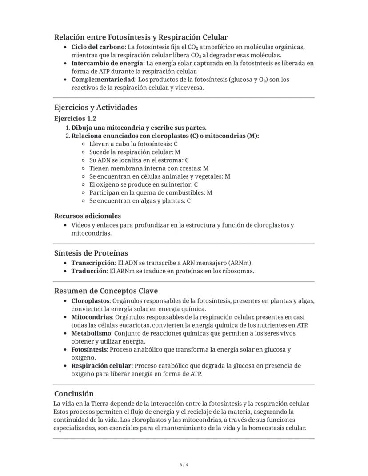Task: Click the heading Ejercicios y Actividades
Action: coord(96,108)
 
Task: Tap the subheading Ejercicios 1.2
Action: coord(75,119)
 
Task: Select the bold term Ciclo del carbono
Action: coord(98,47)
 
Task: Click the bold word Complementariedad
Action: coord(103,80)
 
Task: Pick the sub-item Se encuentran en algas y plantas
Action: coord(140,200)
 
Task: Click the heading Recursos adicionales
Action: coord(87,216)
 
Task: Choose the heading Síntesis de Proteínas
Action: coord(91,253)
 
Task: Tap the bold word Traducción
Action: coord(89,271)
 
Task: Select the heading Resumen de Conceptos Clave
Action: coord(106,291)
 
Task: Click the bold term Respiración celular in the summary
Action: coord(101,366)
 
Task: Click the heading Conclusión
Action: coord(74,394)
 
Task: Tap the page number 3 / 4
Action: coord(184,465)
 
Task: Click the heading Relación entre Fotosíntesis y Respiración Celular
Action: coord(141,37)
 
